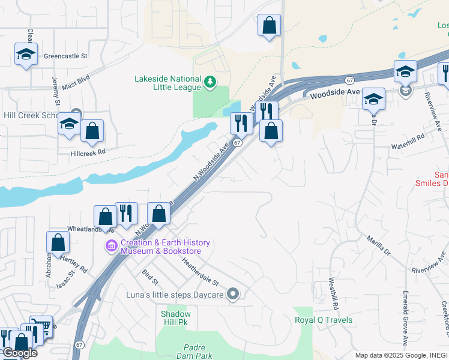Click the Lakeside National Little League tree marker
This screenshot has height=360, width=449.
tap(209, 82)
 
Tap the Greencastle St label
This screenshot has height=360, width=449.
tap(70, 56)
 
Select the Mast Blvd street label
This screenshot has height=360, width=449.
tap(76, 82)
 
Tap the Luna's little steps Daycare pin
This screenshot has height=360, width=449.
tap(234, 294)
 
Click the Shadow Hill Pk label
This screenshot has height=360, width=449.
tap(176, 318)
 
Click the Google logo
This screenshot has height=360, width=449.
tap(20, 353)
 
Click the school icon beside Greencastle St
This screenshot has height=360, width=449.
tap(26, 54)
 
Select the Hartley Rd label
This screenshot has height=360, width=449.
tap(74, 263)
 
